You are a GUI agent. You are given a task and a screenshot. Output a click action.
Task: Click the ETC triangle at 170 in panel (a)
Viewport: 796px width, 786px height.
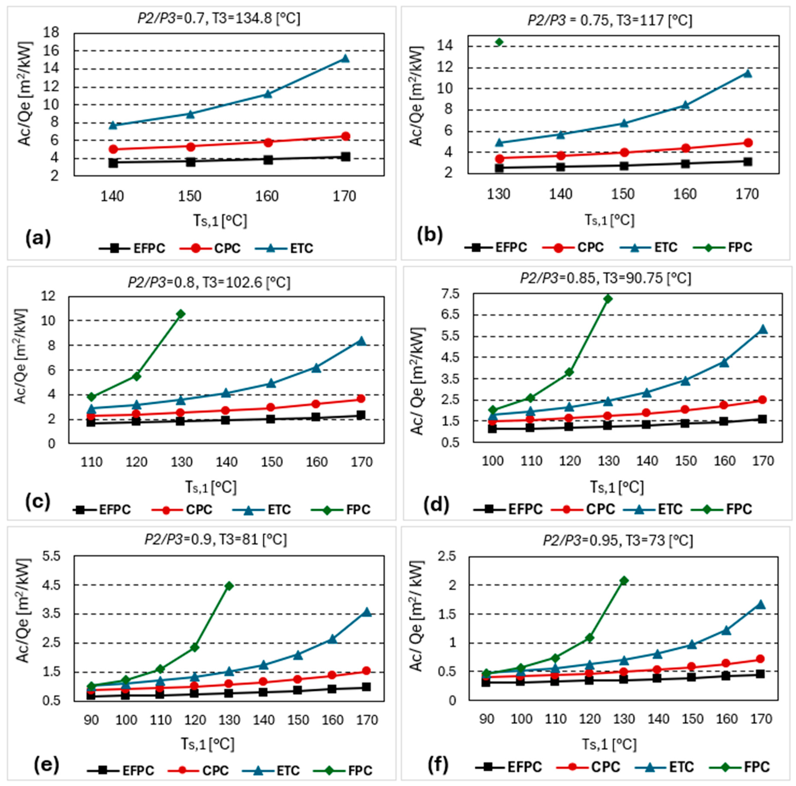345,58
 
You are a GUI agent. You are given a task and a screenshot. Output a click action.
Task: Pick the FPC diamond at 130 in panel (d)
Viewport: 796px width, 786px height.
608,298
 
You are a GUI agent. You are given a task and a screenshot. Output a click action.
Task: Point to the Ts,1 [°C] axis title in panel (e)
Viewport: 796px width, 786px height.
208,744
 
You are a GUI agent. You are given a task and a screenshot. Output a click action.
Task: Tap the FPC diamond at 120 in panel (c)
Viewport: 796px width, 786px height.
136,376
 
